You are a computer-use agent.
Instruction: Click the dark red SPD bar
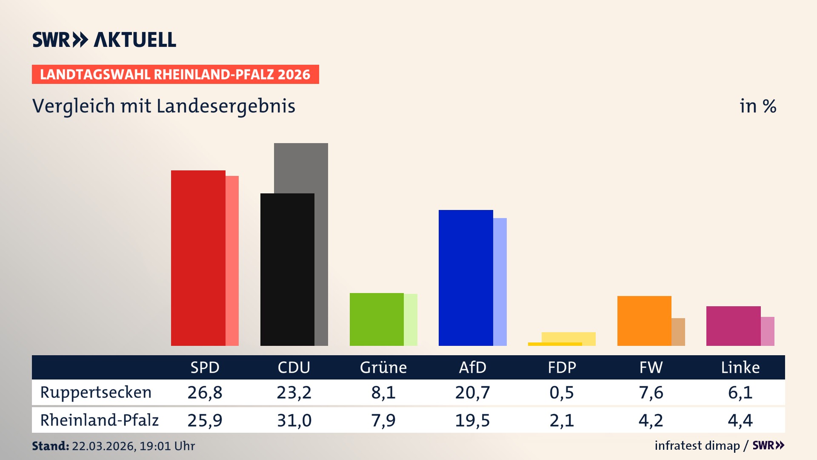[x=198, y=258]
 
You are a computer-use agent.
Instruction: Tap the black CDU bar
[x=287, y=269]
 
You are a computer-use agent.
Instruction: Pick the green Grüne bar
[x=377, y=319]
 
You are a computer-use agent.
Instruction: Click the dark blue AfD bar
[x=466, y=278]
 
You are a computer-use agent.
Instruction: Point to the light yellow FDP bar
[x=568, y=337]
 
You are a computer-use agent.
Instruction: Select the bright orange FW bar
[x=644, y=321]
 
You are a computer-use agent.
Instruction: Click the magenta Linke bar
[x=733, y=326]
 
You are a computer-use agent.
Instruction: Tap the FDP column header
[x=562, y=367]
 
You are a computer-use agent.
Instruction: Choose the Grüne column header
[x=383, y=367]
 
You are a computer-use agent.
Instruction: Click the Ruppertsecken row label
[x=96, y=392]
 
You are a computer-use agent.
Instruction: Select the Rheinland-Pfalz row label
[x=99, y=420]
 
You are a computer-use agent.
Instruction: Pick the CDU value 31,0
[x=294, y=420]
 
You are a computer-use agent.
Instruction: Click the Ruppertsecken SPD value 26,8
[x=205, y=392]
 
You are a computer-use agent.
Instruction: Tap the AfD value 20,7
[x=472, y=392]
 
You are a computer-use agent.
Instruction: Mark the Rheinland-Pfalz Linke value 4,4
[x=740, y=420]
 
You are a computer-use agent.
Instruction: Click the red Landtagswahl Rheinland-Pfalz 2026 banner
[x=175, y=75]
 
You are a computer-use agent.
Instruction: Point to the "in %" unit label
[x=758, y=106]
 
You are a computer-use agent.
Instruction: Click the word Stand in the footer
[x=50, y=446]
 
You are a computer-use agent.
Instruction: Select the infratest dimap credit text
[x=697, y=446]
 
